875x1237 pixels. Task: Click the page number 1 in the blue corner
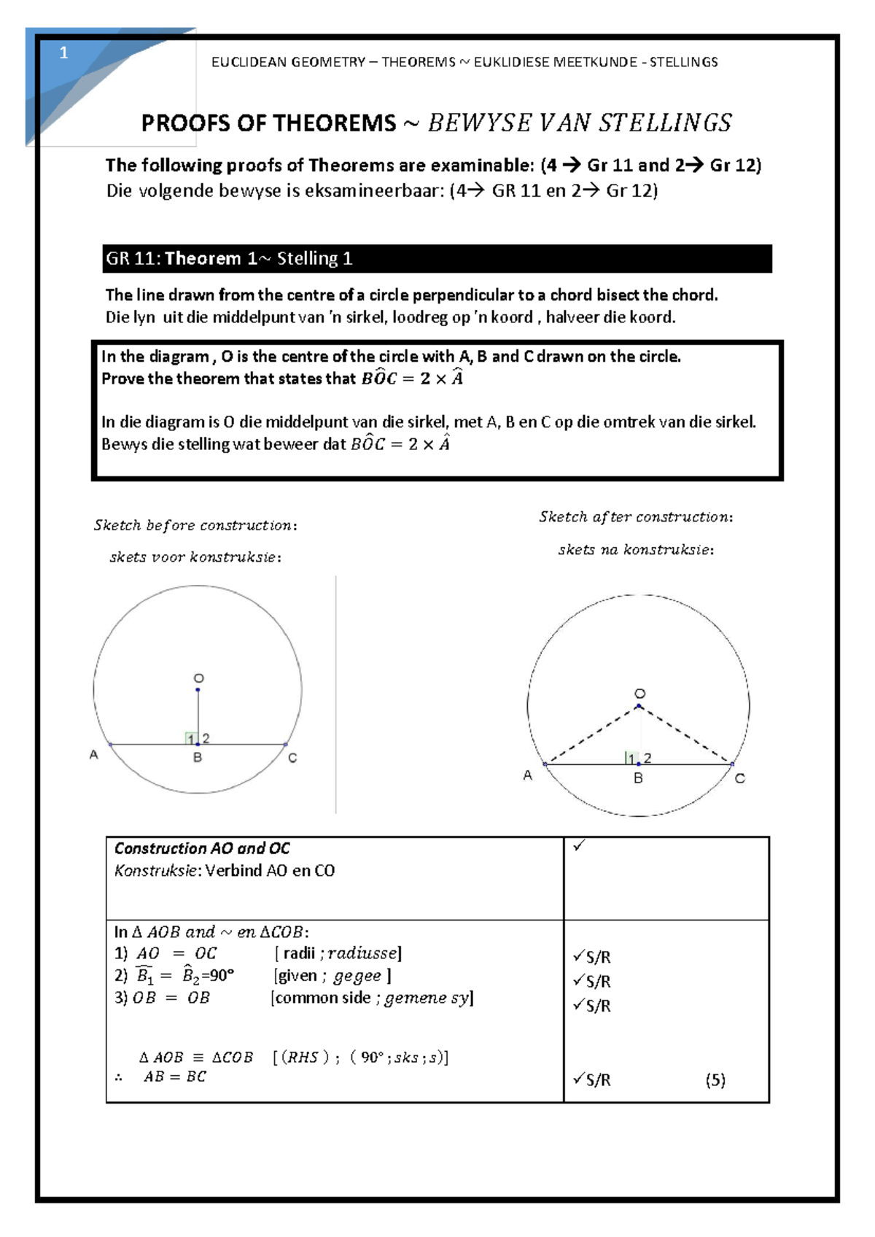[63, 53]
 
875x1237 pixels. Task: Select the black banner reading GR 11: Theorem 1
[437, 259]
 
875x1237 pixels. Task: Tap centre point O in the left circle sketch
[198, 689]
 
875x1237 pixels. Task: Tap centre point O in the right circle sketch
[639, 705]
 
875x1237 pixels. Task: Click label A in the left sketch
[93, 755]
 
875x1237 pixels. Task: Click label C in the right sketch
[739, 779]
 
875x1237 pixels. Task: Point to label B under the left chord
[198, 758]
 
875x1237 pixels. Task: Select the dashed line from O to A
[592, 735]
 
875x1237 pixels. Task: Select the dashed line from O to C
[685, 735]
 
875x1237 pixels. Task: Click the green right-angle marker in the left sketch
[192, 738]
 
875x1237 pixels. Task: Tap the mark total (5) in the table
[715, 1080]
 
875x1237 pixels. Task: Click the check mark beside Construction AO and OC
[579, 846]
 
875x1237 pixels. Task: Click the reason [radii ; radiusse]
[338, 953]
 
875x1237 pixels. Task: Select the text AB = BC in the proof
[175, 1077]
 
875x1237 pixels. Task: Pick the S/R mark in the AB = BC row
[592, 1079]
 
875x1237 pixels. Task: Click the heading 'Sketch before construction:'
[195, 525]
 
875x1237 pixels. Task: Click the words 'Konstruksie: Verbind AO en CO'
[225, 870]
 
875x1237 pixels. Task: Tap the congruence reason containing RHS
[361, 1058]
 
